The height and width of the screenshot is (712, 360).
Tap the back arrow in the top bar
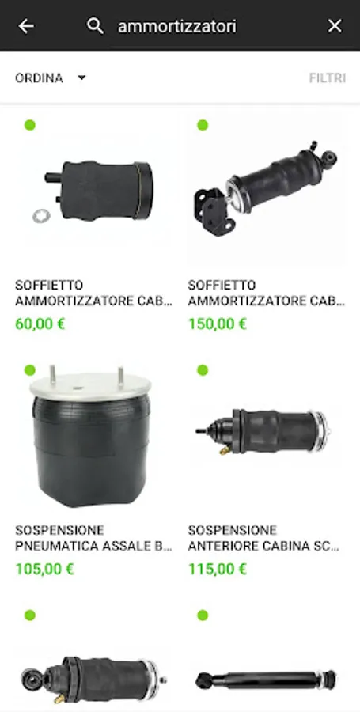point(26,26)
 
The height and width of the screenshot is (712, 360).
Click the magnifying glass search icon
point(95,26)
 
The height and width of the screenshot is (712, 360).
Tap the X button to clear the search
point(335,26)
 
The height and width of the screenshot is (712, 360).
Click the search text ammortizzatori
point(177,26)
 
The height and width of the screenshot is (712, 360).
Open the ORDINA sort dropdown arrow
point(81,78)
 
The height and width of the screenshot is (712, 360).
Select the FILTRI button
point(328,78)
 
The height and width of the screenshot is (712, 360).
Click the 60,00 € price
point(40,324)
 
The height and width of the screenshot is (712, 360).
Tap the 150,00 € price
point(218,324)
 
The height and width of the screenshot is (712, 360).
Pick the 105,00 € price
point(44,569)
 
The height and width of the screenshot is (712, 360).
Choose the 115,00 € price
point(218,569)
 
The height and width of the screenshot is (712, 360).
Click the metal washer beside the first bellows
point(41,216)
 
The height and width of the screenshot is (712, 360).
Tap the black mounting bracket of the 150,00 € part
point(213,211)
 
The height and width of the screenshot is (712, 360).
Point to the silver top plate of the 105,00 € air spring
point(90,386)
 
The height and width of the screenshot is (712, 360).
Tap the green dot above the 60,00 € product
point(30,125)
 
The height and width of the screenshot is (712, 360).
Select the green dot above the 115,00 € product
point(203,370)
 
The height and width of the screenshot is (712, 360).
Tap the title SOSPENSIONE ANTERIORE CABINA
point(263,538)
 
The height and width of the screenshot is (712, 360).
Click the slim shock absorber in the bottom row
point(266,680)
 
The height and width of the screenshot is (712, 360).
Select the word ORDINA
point(39,78)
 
